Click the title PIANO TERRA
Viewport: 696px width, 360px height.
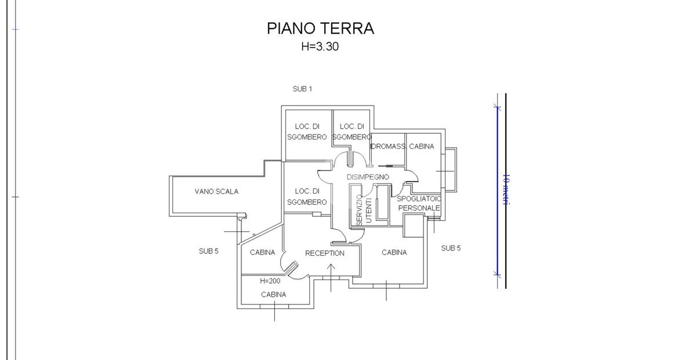tap(320, 28)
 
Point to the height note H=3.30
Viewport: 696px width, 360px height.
tap(320, 47)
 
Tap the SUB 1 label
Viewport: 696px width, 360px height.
tap(302, 89)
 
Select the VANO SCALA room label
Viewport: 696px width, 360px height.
tap(216, 191)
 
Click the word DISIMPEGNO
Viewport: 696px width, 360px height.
tap(368, 177)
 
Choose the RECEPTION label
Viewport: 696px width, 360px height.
tap(325, 253)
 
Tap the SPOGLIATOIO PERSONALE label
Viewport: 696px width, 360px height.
tap(419, 203)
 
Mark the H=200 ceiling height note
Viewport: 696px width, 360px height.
tap(270, 281)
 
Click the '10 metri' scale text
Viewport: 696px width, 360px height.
tap(506, 189)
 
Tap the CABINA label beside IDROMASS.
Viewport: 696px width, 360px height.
tap(421, 147)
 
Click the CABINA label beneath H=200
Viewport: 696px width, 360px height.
tap(273, 294)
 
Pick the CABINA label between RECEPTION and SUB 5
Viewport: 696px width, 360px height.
tap(394, 252)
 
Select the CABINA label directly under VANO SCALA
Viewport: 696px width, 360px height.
tap(263, 252)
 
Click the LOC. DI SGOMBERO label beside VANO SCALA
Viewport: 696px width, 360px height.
tap(307, 196)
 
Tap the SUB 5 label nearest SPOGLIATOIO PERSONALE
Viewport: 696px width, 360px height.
tap(451, 248)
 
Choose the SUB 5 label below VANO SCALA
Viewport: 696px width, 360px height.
tap(208, 251)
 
